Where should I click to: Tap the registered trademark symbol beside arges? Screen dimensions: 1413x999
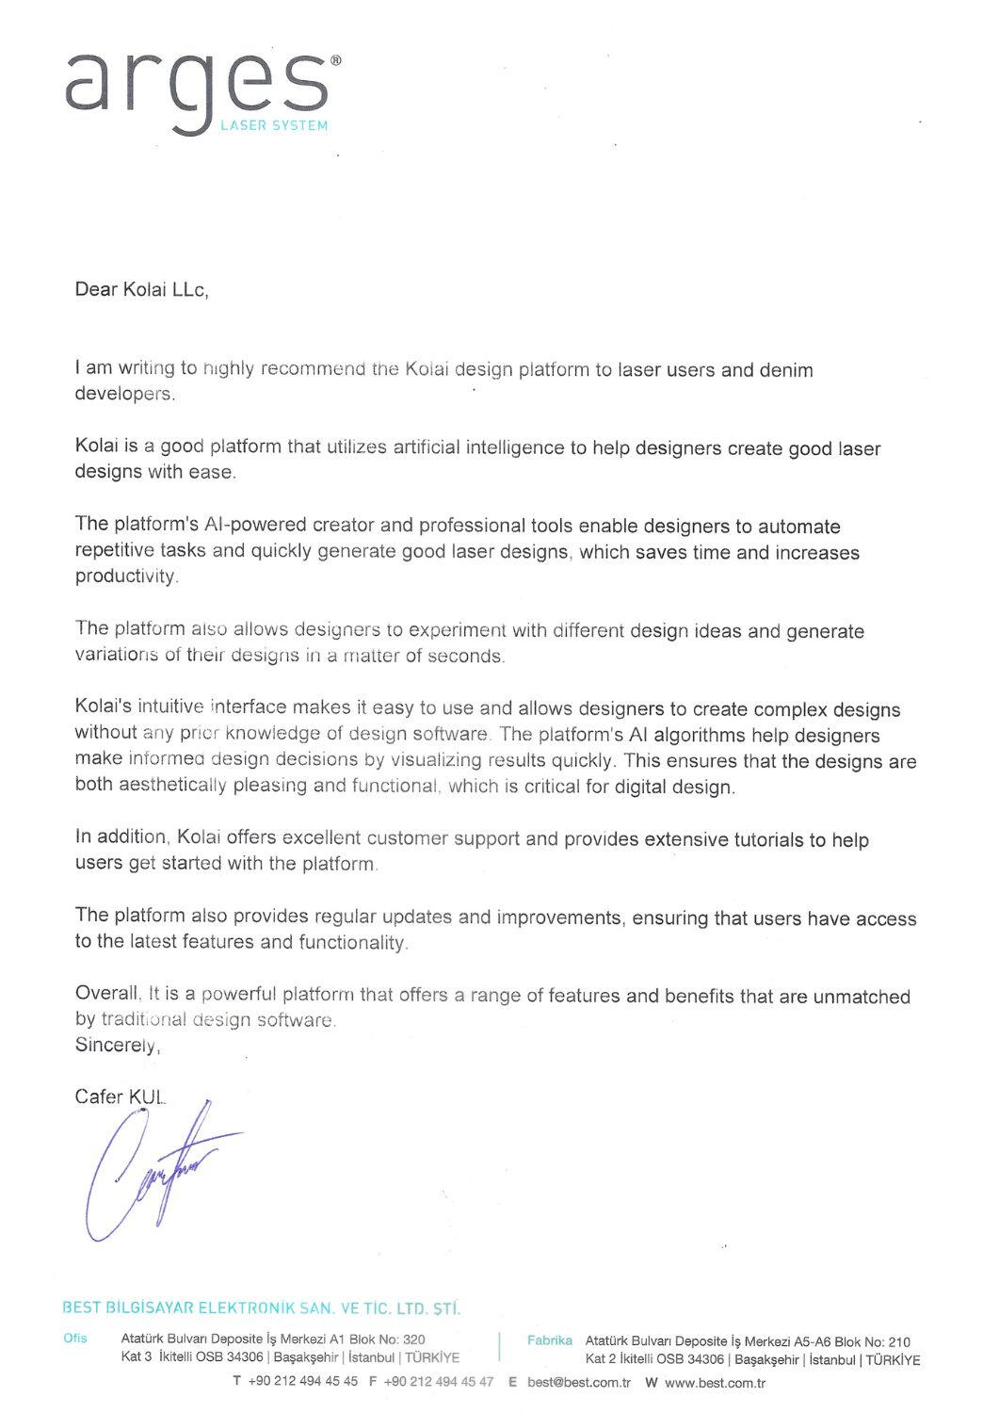[335, 59]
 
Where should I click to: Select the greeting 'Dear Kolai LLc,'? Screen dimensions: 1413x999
[141, 290]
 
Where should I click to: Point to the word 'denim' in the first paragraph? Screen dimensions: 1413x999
[787, 370]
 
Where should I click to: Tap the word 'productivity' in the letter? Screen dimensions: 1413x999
[125, 577]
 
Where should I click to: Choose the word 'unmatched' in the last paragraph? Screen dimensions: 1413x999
[861, 996]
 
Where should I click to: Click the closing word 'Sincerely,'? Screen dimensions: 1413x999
[119, 1046]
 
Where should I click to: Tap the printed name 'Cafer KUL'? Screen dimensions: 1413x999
[121, 1097]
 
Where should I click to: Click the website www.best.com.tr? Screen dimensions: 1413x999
[715, 1383]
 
